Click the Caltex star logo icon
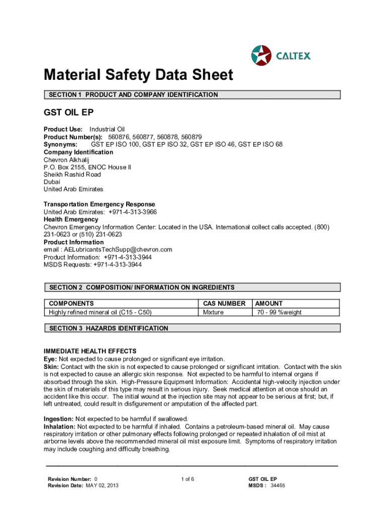pos(261,55)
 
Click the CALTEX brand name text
pos(294,55)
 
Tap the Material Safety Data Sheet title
pos(138,75)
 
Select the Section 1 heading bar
pos(192,94)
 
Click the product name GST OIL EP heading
pos(69,112)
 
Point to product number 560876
pos(118,137)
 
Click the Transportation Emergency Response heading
pos(100,204)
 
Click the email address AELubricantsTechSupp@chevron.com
pos(116,249)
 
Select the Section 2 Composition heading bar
pos(192,288)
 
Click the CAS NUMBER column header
pos(224,303)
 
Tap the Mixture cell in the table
pos(213,312)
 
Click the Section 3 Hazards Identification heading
pos(108,328)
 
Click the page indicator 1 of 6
pos(187,479)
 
